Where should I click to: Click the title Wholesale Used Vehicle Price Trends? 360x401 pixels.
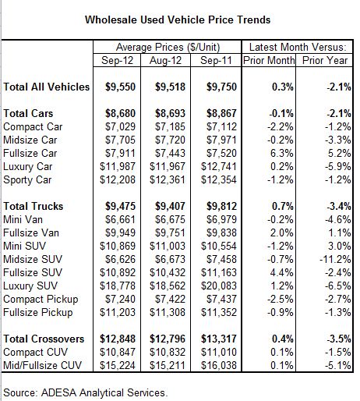(178, 20)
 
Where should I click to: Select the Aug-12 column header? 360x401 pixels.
(165, 61)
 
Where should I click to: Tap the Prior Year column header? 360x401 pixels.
(325, 60)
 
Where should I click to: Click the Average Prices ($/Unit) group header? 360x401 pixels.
(168, 48)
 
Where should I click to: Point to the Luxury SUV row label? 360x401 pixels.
(30, 286)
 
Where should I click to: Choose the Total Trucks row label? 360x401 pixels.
(34, 206)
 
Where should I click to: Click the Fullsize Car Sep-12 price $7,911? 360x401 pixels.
(120, 153)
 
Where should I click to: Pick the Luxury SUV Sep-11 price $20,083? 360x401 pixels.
(219, 286)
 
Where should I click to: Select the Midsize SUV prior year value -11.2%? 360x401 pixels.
(335, 259)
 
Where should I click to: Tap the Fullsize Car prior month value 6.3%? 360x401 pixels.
(281, 153)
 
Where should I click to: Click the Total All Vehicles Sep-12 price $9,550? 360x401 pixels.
(120, 87)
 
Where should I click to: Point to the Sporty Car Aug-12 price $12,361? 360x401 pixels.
(168, 179)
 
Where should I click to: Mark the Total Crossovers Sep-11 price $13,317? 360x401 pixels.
(219, 339)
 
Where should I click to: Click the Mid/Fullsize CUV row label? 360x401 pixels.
(42, 365)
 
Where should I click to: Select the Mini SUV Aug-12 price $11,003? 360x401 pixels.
(168, 246)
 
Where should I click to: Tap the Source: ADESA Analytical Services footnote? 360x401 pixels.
(85, 392)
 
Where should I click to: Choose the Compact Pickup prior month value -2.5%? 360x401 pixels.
(281, 299)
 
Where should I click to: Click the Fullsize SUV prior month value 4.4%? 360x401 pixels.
(281, 272)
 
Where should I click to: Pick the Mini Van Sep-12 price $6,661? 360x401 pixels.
(120, 219)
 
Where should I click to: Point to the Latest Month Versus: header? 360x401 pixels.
(298, 48)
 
